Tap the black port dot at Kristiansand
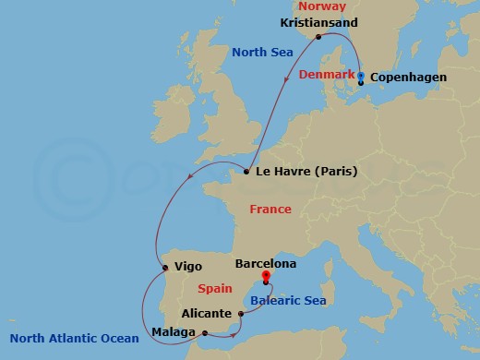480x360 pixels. [318, 37]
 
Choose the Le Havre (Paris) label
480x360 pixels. [307, 172]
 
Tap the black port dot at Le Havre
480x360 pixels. [246, 172]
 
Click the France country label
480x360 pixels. [271, 210]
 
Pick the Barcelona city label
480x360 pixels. [266, 264]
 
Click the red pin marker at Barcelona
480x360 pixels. [266, 277]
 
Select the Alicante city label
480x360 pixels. [208, 313]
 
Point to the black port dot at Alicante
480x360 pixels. [241, 314]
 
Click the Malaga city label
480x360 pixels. [174, 331]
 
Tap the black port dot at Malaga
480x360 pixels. [205, 333]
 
